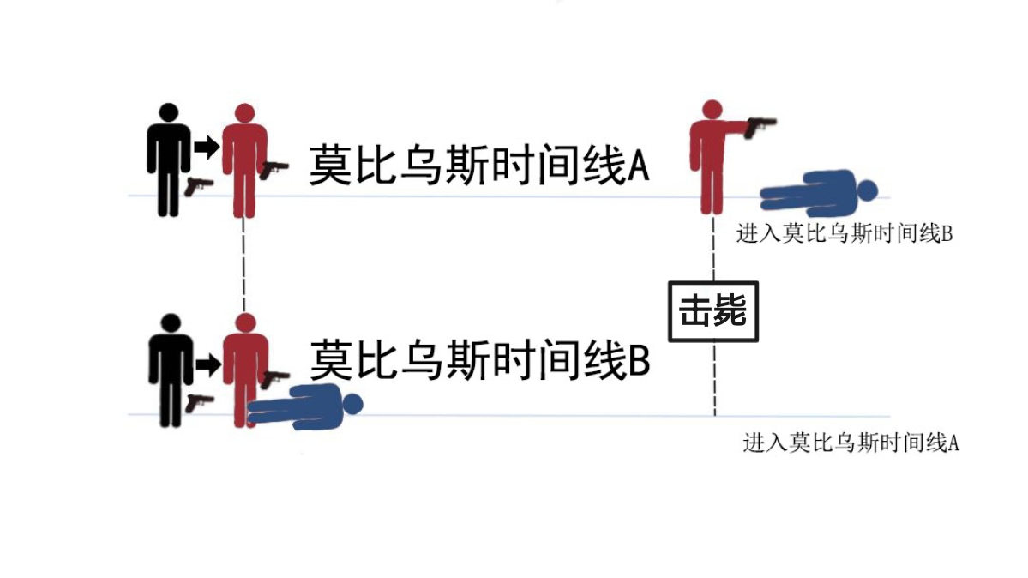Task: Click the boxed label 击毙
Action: (x=713, y=312)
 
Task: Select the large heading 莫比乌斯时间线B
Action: (x=478, y=361)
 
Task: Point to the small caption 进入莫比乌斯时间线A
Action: (x=851, y=443)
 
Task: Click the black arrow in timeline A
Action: (x=206, y=147)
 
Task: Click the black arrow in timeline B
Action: (x=207, y=364)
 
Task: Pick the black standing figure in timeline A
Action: (x=168, y=160)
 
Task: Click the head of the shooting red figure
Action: (x=711, y=111)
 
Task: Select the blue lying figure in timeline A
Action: (x=818, y=192)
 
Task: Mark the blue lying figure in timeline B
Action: (x=304, y=406)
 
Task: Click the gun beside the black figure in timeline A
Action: (x=198, y=185)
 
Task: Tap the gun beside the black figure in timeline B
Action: (x=199, y=401)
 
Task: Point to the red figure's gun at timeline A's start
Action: (x=275, y=168)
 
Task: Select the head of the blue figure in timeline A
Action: (x=868, y=190)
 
